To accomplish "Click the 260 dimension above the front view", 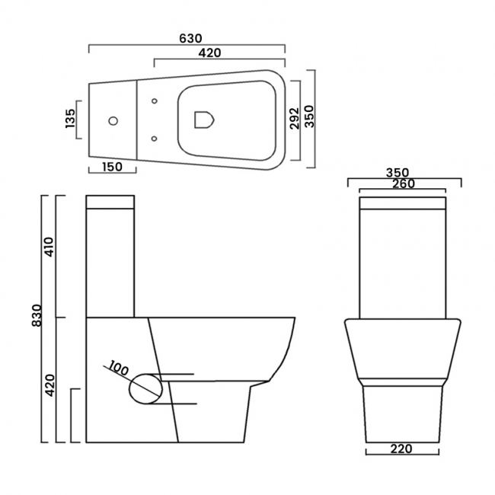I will (x=404, y=184).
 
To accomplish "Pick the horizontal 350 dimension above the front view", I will (x=404, y=172).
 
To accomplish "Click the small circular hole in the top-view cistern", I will (x=114, y=121).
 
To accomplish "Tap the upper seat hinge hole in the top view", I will (x=155, y=102).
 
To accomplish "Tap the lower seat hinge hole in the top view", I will (x=155, y=139).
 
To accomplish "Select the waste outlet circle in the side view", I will (x=145, y=388).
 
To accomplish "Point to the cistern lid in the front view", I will (x=403, y=203).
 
